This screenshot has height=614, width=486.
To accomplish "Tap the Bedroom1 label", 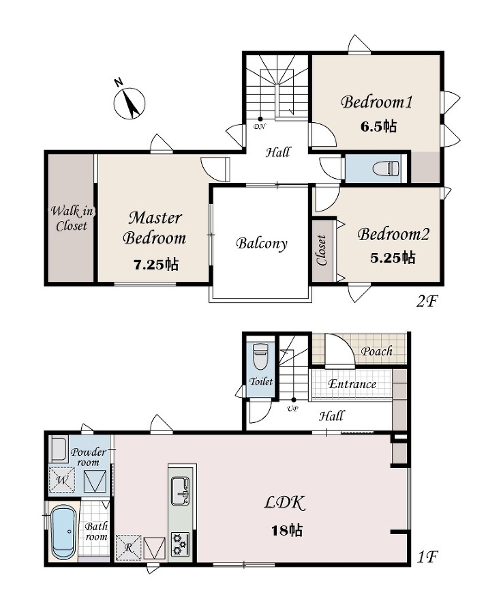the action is coord(376,102).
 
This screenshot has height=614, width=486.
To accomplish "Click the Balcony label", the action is coord(262,244).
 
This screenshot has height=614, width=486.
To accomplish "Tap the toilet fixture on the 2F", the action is coord(386,169).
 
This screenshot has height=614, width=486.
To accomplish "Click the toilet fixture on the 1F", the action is coord(260,356).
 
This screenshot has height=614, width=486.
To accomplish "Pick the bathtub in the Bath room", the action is coord(64,532).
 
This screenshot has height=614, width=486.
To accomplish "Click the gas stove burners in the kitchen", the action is coord(180,544).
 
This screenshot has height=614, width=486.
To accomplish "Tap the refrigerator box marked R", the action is coord(129,547).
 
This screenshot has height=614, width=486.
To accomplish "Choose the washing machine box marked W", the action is coord(62,480).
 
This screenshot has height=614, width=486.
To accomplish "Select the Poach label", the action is coord(376,351).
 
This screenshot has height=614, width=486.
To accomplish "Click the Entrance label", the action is coord(352,384).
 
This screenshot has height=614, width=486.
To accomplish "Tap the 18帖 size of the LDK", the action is coord(287,531).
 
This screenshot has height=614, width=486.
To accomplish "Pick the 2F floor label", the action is coord(427,302).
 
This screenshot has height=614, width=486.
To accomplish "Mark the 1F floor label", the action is coord(427,557).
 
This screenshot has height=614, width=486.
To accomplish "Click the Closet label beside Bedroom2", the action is coord(322,250).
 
